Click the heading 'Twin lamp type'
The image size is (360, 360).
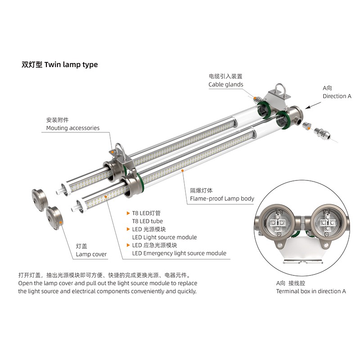71,65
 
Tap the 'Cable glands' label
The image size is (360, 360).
226,85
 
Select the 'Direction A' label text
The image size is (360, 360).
337,96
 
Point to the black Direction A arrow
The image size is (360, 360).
313,105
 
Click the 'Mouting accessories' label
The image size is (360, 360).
73,128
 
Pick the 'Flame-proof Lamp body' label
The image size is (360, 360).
222,198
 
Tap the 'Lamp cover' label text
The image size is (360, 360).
91,254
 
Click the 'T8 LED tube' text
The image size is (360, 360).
148,221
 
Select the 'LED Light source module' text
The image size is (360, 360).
164,237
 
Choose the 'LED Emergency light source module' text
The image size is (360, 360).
179,253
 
